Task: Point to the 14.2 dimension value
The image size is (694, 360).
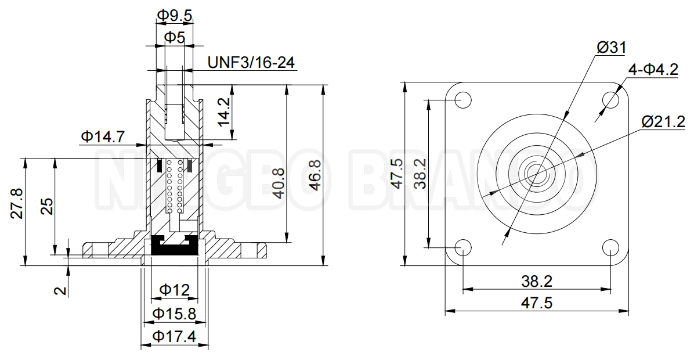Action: [x=223, y=113]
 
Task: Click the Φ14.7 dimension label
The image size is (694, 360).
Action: [x=103, y=136]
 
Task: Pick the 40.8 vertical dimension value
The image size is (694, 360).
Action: [x=278, y=183]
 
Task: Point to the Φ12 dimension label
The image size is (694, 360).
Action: [x=174, y=289]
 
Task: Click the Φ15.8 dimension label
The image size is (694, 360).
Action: [x=174, y=314]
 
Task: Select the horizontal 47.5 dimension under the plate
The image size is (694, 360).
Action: [x=536, y=303]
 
